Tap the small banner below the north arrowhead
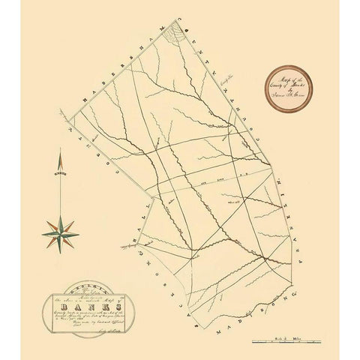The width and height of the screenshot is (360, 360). (x=61, y=173)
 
